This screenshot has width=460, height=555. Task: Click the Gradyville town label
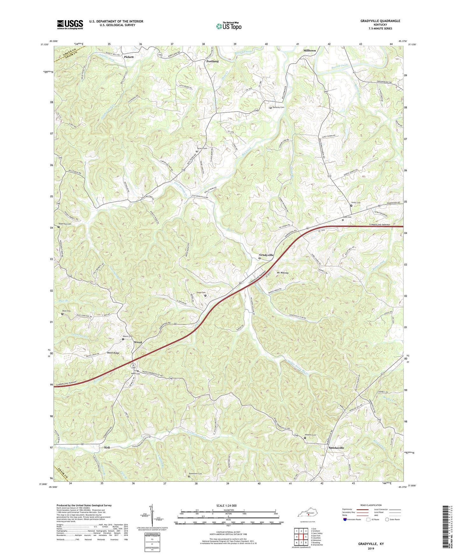coord(266,255)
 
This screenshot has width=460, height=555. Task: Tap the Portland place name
coord(212,61)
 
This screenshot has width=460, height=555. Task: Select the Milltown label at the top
coord(309,51)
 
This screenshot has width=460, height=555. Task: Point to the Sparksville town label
coord(336,448)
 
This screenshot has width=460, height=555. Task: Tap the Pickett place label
coord(129,57)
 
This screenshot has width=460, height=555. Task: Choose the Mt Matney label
coord(282,273)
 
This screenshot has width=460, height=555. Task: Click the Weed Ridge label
coord(113,353)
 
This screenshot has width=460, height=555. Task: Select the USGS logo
coord(70,24)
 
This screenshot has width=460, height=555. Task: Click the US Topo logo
coord(229,26)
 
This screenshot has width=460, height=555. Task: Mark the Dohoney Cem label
coord(278,107)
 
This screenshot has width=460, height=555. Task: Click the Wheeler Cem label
coord(310,435)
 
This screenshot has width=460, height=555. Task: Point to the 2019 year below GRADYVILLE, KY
coord(371,548)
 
